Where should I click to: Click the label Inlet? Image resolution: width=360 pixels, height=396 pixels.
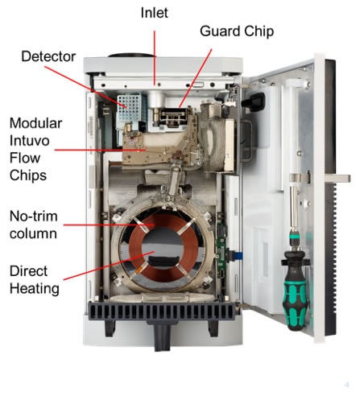(155, 13)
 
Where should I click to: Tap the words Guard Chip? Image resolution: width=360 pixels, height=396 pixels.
(237, 31)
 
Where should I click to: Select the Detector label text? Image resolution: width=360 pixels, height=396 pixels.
(48, 56)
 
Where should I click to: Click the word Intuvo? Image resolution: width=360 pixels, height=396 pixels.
(30, 141)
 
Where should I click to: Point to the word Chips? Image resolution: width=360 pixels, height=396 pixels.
(28, 175)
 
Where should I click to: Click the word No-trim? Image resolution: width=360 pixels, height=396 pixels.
(34, 217)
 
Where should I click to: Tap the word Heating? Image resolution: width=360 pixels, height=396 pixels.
(35, 289)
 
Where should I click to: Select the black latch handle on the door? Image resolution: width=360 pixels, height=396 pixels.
(253, 102)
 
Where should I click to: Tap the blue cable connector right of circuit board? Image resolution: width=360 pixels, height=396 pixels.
(238, 256)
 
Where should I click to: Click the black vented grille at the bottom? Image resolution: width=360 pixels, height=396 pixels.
(162, 311)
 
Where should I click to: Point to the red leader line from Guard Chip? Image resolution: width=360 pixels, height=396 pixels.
(196, 78)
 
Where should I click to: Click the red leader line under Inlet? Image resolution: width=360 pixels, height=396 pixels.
(155, 58)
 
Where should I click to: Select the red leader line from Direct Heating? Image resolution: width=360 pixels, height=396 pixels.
(109, 266)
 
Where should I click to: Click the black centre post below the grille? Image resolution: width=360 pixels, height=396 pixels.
(162, 336)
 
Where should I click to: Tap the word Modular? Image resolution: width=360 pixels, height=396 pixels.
(35, 123)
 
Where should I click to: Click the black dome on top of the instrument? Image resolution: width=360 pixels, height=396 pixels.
(131, 56)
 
